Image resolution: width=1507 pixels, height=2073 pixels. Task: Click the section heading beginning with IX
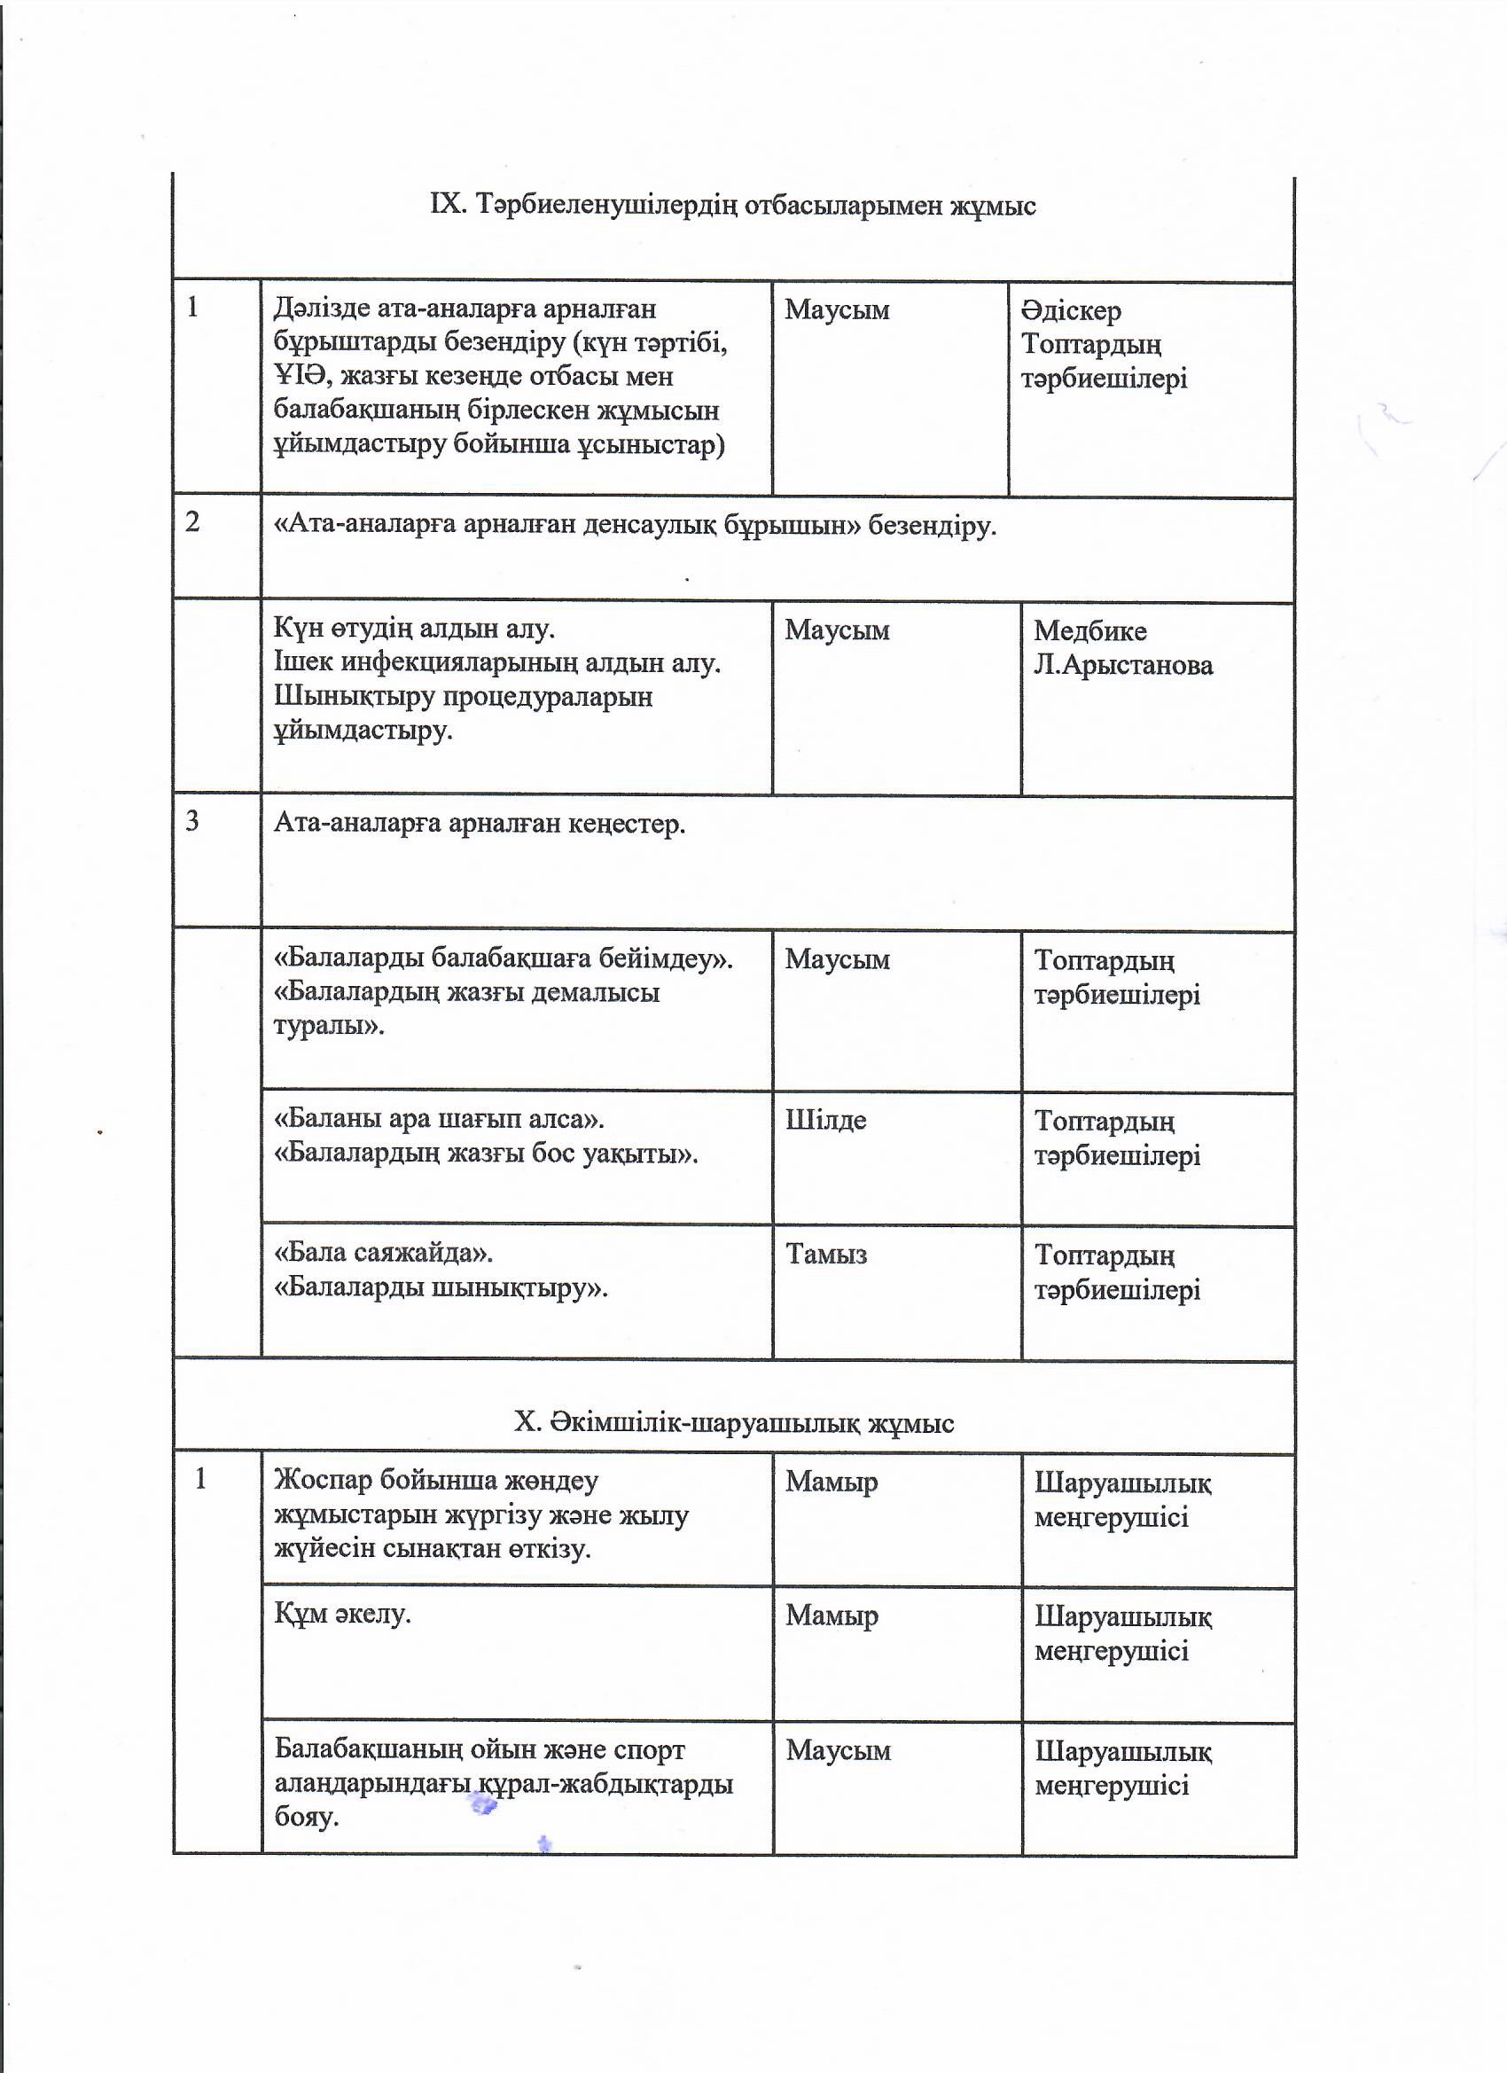[733, 206]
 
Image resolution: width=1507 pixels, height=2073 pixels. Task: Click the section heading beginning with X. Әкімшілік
[733, 1422]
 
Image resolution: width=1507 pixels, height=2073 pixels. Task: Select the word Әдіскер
[1071, 310]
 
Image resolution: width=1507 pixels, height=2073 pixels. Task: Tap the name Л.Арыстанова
[1123, 664]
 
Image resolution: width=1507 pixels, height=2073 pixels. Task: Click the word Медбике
[1089, 630]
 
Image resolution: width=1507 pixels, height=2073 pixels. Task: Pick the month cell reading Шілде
[825, 1121]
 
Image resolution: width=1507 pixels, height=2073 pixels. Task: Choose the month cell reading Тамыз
[826, 1254]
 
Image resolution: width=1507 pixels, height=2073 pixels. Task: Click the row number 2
[193, 522]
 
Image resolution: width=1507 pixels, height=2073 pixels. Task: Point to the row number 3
[193, 822]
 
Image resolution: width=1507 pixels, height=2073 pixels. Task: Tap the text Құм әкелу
[343, 1613]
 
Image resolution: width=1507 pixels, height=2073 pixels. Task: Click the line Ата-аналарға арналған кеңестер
[480, 825]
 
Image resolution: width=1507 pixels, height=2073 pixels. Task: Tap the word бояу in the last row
[307, 1816]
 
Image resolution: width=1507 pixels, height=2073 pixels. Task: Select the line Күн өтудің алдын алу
[414, 629]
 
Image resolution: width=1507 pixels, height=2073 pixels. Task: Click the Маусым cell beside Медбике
[836, 630]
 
